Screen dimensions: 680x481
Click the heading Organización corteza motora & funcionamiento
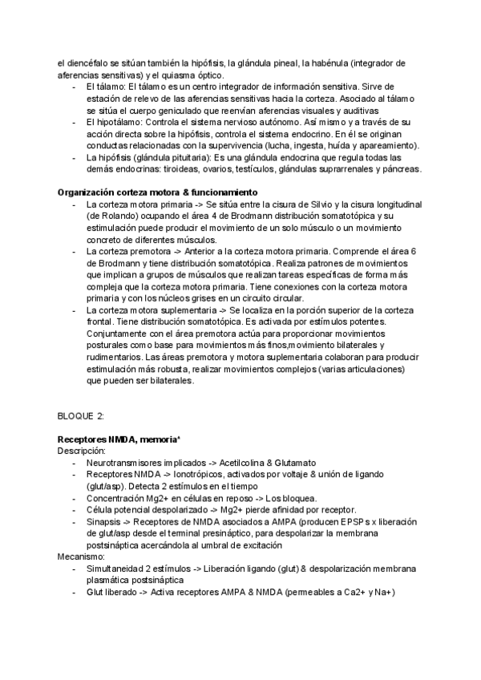coord(157,192)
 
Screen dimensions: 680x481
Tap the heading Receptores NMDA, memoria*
coord(118,439)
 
